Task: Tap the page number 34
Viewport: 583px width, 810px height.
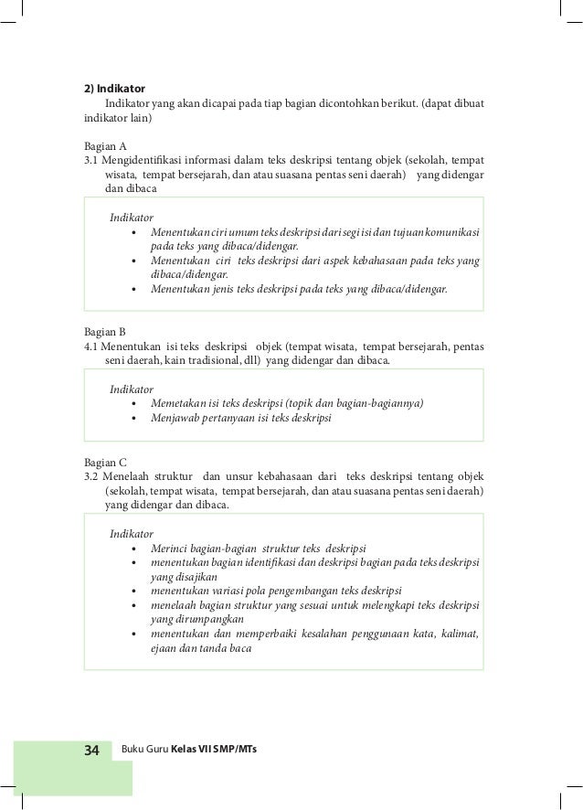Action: pos(92,750)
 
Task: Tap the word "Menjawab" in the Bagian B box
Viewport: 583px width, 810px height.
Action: pos(175,419)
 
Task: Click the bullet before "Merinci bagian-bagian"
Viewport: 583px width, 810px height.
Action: pos(135,548)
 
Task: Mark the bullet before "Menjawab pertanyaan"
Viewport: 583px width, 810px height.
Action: pos(135,420)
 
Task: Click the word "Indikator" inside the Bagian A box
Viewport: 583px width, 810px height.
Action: pos(131,217)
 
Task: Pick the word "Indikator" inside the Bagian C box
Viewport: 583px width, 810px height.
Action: pos(131,532)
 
